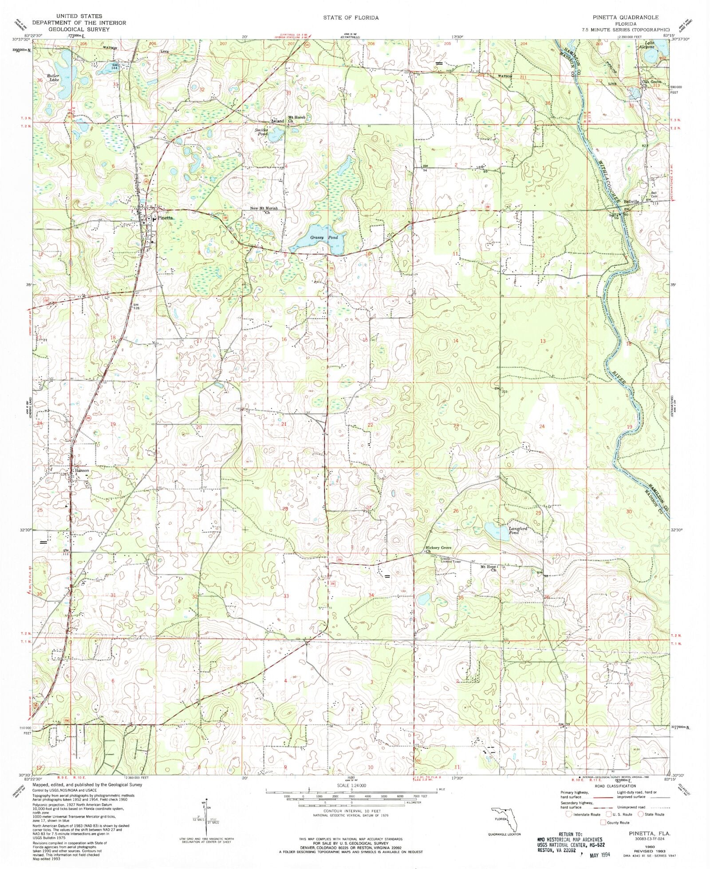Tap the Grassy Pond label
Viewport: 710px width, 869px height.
point(324,238)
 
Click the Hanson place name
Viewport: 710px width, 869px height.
point(82,471)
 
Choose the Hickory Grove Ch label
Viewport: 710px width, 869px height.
point(438,550)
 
